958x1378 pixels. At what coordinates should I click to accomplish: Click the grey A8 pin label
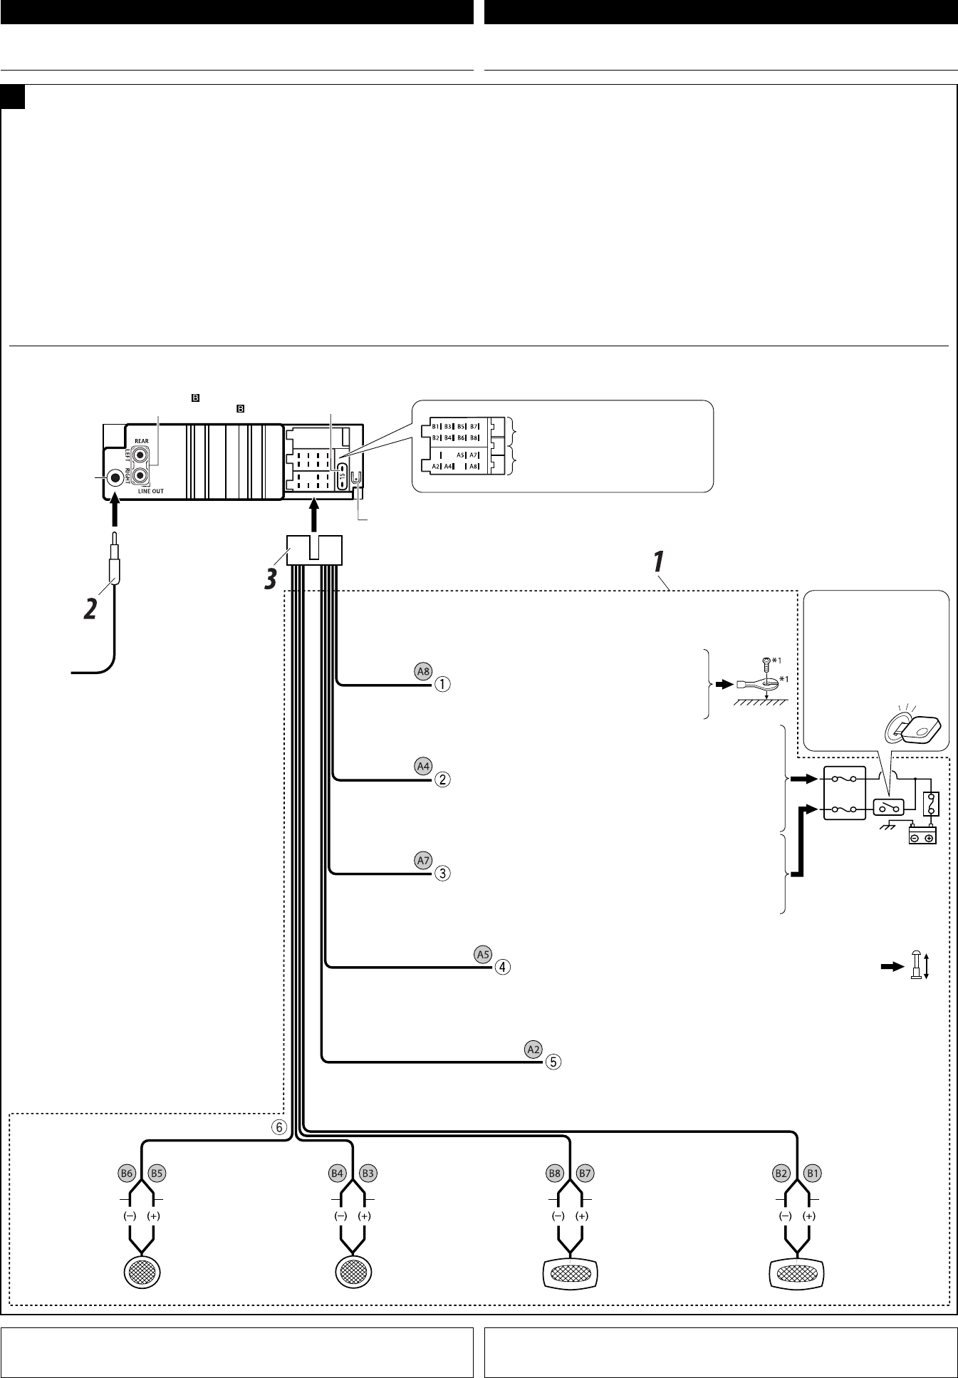[x=424, y=670]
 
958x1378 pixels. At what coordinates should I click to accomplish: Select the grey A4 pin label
[x=424, y=766]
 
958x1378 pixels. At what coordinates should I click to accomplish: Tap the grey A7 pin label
[x=424, y=860]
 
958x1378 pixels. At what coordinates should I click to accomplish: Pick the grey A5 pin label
[x=484, y=954]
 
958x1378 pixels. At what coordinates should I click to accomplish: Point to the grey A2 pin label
[x=533, y=1049]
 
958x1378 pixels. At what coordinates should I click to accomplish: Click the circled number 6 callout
[x=278, y=1127]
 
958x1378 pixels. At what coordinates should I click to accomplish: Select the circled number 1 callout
[x=442, y=684]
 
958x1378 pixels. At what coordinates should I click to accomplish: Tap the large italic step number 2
[x=90, y=608]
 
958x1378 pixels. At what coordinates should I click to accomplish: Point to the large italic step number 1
[x=659, y=561]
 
